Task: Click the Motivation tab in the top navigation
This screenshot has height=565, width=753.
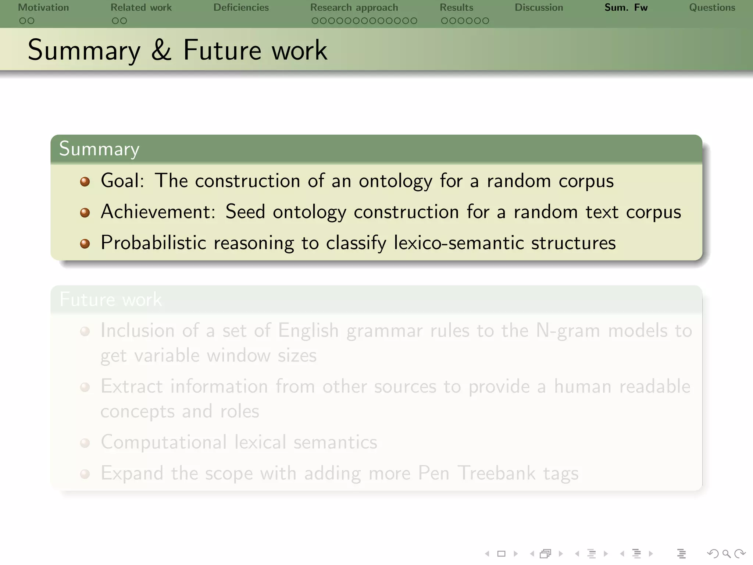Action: (x=43, y=7)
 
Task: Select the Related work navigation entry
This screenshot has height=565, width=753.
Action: (x=141, y=7)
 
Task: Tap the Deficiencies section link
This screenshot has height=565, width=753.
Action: (x=241, y=7)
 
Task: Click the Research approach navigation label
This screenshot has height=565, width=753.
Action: (x=354, y=7)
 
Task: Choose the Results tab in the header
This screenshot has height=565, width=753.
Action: (x=456, y=7)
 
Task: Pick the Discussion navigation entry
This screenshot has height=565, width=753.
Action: (x=539, y=7)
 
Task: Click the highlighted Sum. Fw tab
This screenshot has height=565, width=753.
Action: (x=626, y=7)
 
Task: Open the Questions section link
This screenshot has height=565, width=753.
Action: (x=712, y=7)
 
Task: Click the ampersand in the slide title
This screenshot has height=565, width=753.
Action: (x=161, y=50)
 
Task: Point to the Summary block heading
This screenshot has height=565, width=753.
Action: (x=99, y=149)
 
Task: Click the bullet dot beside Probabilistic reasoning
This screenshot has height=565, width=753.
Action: (x=85, y=244)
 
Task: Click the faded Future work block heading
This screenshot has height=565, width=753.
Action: (x=110, y=299)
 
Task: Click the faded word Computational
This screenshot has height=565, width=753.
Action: (x=164, y=442)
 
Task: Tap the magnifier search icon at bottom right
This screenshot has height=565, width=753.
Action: (x=726, y=554)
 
